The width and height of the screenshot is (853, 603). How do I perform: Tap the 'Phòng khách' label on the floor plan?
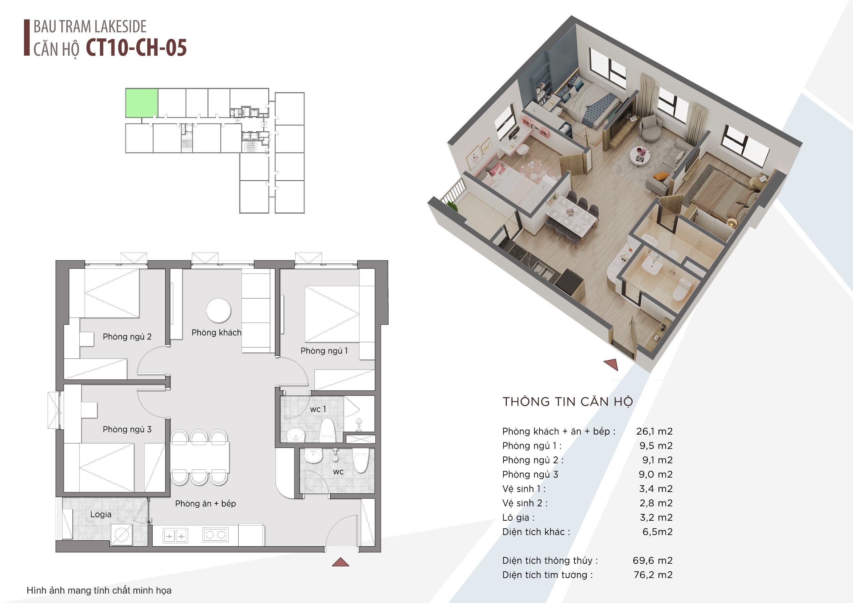click(216, 332)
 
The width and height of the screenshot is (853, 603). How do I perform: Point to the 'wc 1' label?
click(318, 409)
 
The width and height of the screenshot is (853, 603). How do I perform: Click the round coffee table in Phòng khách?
click(219, 310)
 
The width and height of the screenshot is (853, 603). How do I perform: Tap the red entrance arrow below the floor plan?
click(340, 562)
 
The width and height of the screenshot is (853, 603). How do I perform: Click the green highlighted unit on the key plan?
click(142, 103)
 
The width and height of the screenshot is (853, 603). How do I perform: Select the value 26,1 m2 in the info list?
click(654, 431)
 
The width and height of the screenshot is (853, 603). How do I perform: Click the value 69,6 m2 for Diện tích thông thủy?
click(653, 560)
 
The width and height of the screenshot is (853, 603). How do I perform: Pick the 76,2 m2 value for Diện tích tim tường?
click(653, 575)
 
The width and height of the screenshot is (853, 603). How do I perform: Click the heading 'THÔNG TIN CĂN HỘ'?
click(568, 402)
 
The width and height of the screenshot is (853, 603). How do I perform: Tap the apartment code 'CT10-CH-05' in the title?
click(136, 48)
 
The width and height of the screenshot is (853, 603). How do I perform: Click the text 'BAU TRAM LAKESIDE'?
click(90, 26)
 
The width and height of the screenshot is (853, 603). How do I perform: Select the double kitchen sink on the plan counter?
click(175, 536)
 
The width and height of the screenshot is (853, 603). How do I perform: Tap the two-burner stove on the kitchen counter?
click(216, 535)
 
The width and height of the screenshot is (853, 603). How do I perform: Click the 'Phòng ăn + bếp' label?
click(206, 504)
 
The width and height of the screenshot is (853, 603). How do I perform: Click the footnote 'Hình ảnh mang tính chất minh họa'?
click(99, 590)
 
